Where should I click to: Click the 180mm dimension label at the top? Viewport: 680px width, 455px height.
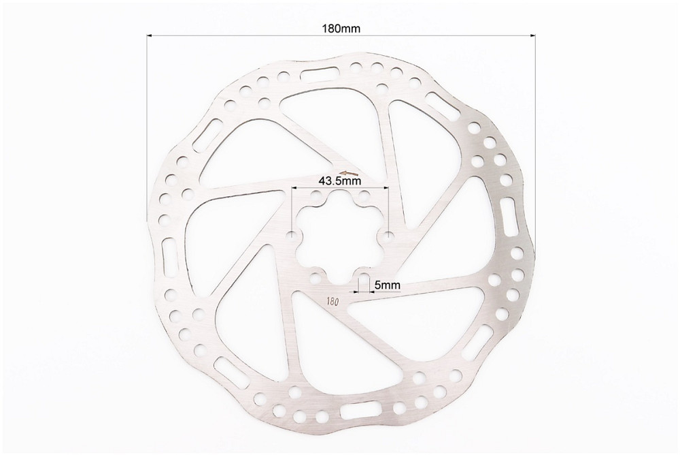(341, 29)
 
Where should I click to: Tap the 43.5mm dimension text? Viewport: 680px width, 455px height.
(340, 181)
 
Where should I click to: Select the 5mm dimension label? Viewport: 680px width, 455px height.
(387, 285)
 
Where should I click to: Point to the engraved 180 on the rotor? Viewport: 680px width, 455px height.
(333, 301)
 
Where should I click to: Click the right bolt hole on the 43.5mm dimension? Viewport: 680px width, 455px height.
(388, 236)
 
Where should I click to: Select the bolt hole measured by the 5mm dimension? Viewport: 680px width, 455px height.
(364, 277)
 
